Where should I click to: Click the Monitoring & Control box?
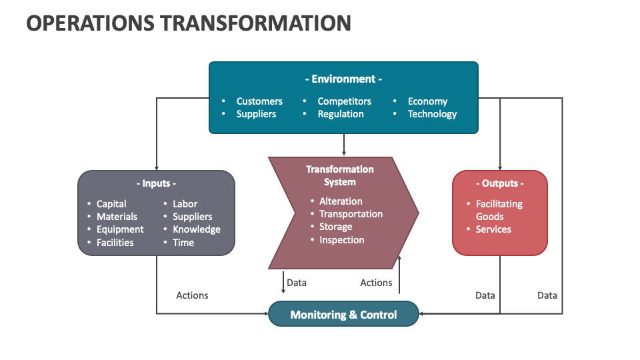click(x=343, y=314)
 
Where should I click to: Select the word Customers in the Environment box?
click(x=259, y=101)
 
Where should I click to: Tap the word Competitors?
click(x=344, y=101)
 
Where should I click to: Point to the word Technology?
click(x=432, y=114)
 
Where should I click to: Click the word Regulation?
click(x=341, y=114)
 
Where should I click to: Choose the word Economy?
click(x=427, y=101)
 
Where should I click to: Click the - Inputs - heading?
click(x=156, y=183)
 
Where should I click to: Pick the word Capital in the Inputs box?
click(x=111, y=204)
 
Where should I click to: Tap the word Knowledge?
click(x=197, y=229)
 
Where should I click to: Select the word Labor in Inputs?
click(x=185, y=204)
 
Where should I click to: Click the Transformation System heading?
click(x=340, y=175)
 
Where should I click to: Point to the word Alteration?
click(x=341, y=201)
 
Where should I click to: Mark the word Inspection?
click(x=341, y=240)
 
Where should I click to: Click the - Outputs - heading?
click(x=499, y=183)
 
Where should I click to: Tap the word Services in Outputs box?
click(x=493, y=229)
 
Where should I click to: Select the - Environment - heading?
click(x=343, y=79)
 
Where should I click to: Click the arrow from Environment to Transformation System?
click(x=344, y=145)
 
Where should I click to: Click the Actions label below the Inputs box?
click(x=192, y=295)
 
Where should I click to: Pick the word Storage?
click(x=335, y=227)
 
